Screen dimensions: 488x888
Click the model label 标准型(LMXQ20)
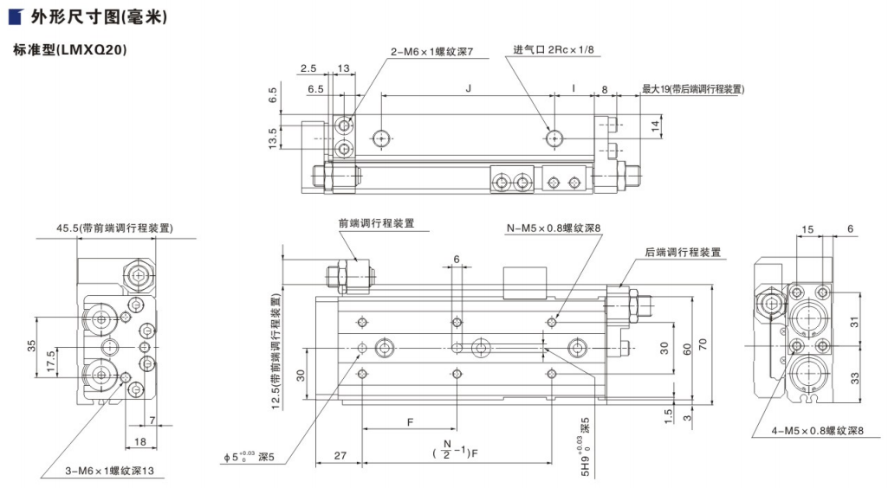(70, 50)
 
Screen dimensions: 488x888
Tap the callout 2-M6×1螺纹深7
(431, 52)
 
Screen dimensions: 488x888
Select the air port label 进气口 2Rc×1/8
(554, 50)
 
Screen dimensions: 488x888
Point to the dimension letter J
(468, 87)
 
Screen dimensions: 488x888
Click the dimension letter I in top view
(574, 87)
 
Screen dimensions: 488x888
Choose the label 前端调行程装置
(376, 223)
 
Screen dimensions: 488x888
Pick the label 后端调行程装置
(683, 253)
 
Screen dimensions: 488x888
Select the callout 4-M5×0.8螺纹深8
(817, 431)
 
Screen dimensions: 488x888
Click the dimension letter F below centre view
(409, 422)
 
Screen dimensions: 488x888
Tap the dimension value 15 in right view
(807, 229)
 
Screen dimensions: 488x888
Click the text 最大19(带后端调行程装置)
(693, 89)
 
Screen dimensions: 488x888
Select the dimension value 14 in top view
(656, 125)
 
